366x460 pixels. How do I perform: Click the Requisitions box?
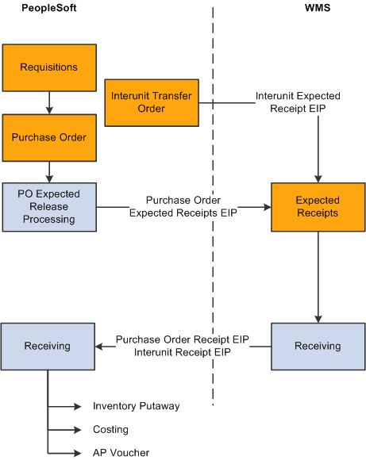49,67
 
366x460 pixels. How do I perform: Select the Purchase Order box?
49,137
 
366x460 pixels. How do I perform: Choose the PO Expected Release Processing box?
49,207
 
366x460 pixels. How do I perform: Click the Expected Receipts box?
318,207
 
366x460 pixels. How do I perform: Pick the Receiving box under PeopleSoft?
48,346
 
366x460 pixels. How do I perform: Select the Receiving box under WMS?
318,346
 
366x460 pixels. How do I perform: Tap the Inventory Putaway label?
136,406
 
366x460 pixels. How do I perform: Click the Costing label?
110,429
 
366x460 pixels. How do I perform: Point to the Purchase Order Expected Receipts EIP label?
183,206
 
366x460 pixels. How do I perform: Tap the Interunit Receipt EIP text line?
183,352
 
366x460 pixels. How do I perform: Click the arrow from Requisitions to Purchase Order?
49,102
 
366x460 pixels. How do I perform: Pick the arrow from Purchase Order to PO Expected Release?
49,171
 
